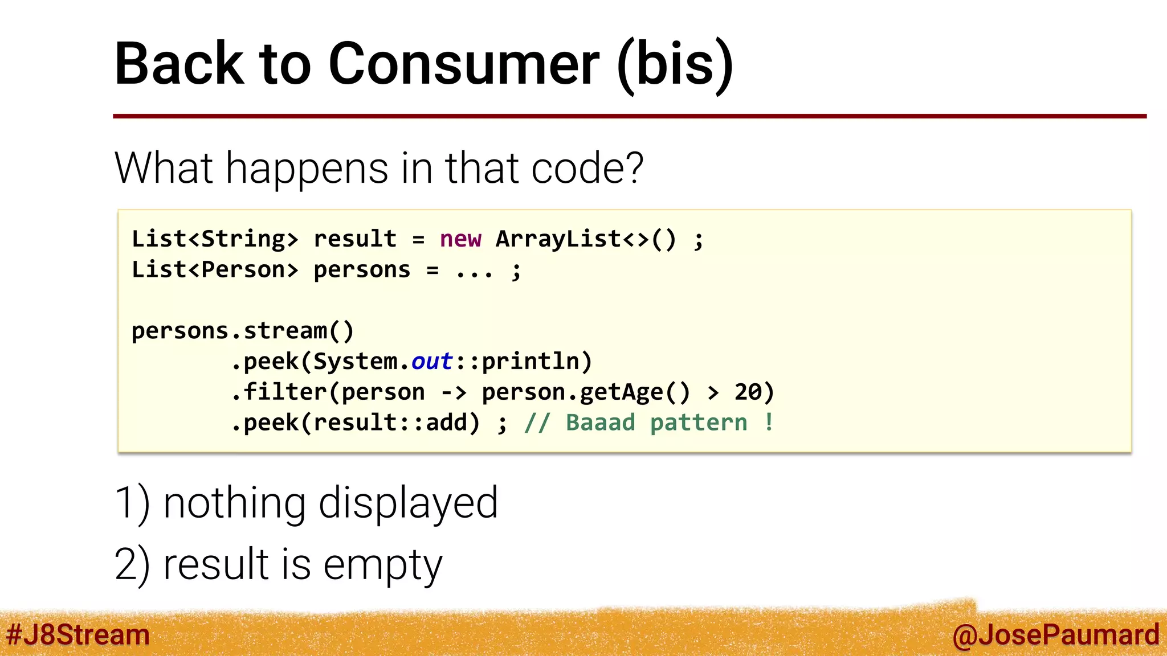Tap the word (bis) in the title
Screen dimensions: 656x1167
point(675,64)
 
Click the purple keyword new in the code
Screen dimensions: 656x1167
point(460,239)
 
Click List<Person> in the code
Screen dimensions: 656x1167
point(215,270)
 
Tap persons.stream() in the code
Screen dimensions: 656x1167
point(243,331)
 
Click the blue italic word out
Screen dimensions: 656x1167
point(432,362)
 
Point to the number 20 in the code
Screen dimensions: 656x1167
point(748,392)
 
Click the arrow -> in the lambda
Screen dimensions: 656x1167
point(454,392)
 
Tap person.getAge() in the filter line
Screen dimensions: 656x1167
point(586,392)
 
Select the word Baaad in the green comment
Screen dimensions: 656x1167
point(600,423)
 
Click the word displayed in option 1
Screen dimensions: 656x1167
point(408,503)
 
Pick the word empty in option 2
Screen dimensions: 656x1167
point(383,565)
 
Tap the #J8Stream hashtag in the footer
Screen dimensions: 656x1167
point(78,635)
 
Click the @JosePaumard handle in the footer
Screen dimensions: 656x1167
point(1055,635)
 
